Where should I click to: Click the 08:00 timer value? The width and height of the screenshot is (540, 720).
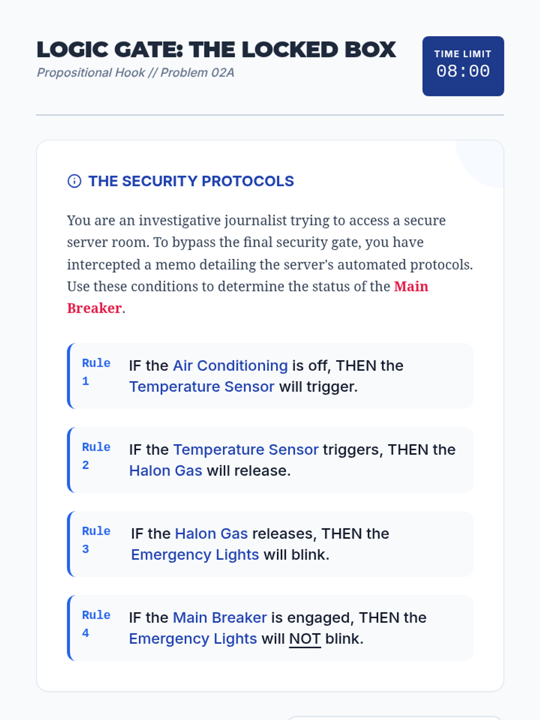pyautogui.click(x=463, y=71)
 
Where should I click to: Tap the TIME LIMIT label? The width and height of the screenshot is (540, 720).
pyautogui.click(x=463, y=54)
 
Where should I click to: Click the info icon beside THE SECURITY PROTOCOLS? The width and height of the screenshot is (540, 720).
pyautogui.click(x=74, y=181)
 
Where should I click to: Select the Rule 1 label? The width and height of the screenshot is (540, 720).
pyautogui.click(x=96, y=372)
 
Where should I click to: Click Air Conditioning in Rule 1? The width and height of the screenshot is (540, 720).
pyautogui.click(x=230, y=365)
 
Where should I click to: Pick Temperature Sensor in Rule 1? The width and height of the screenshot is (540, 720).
pyautogui.click(x=202, y=387)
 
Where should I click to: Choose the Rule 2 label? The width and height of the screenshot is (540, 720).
pyautogui.click(x=96, y=456)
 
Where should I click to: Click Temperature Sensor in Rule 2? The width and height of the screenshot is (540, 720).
pyautogui.click(x=246, y=450)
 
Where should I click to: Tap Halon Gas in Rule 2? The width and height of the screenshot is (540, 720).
pyautogui.click(x=166, y=471)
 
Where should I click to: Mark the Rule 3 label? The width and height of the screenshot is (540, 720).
pyautogui.click(x=96, y=540)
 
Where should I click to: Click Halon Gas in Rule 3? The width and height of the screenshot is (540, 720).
pyautogui.click(x=211, y=534)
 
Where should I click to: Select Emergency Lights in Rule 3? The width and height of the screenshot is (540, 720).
pyautogui.click(x=195, y=555)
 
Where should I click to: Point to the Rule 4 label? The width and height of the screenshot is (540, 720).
pyautogui.click(x=96, y=624)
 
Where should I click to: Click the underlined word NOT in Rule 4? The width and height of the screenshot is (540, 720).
pyautogui.click(x=305, y=639)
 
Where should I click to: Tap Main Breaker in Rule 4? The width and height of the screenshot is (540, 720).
pyautogui.click(x=220, y=618)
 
